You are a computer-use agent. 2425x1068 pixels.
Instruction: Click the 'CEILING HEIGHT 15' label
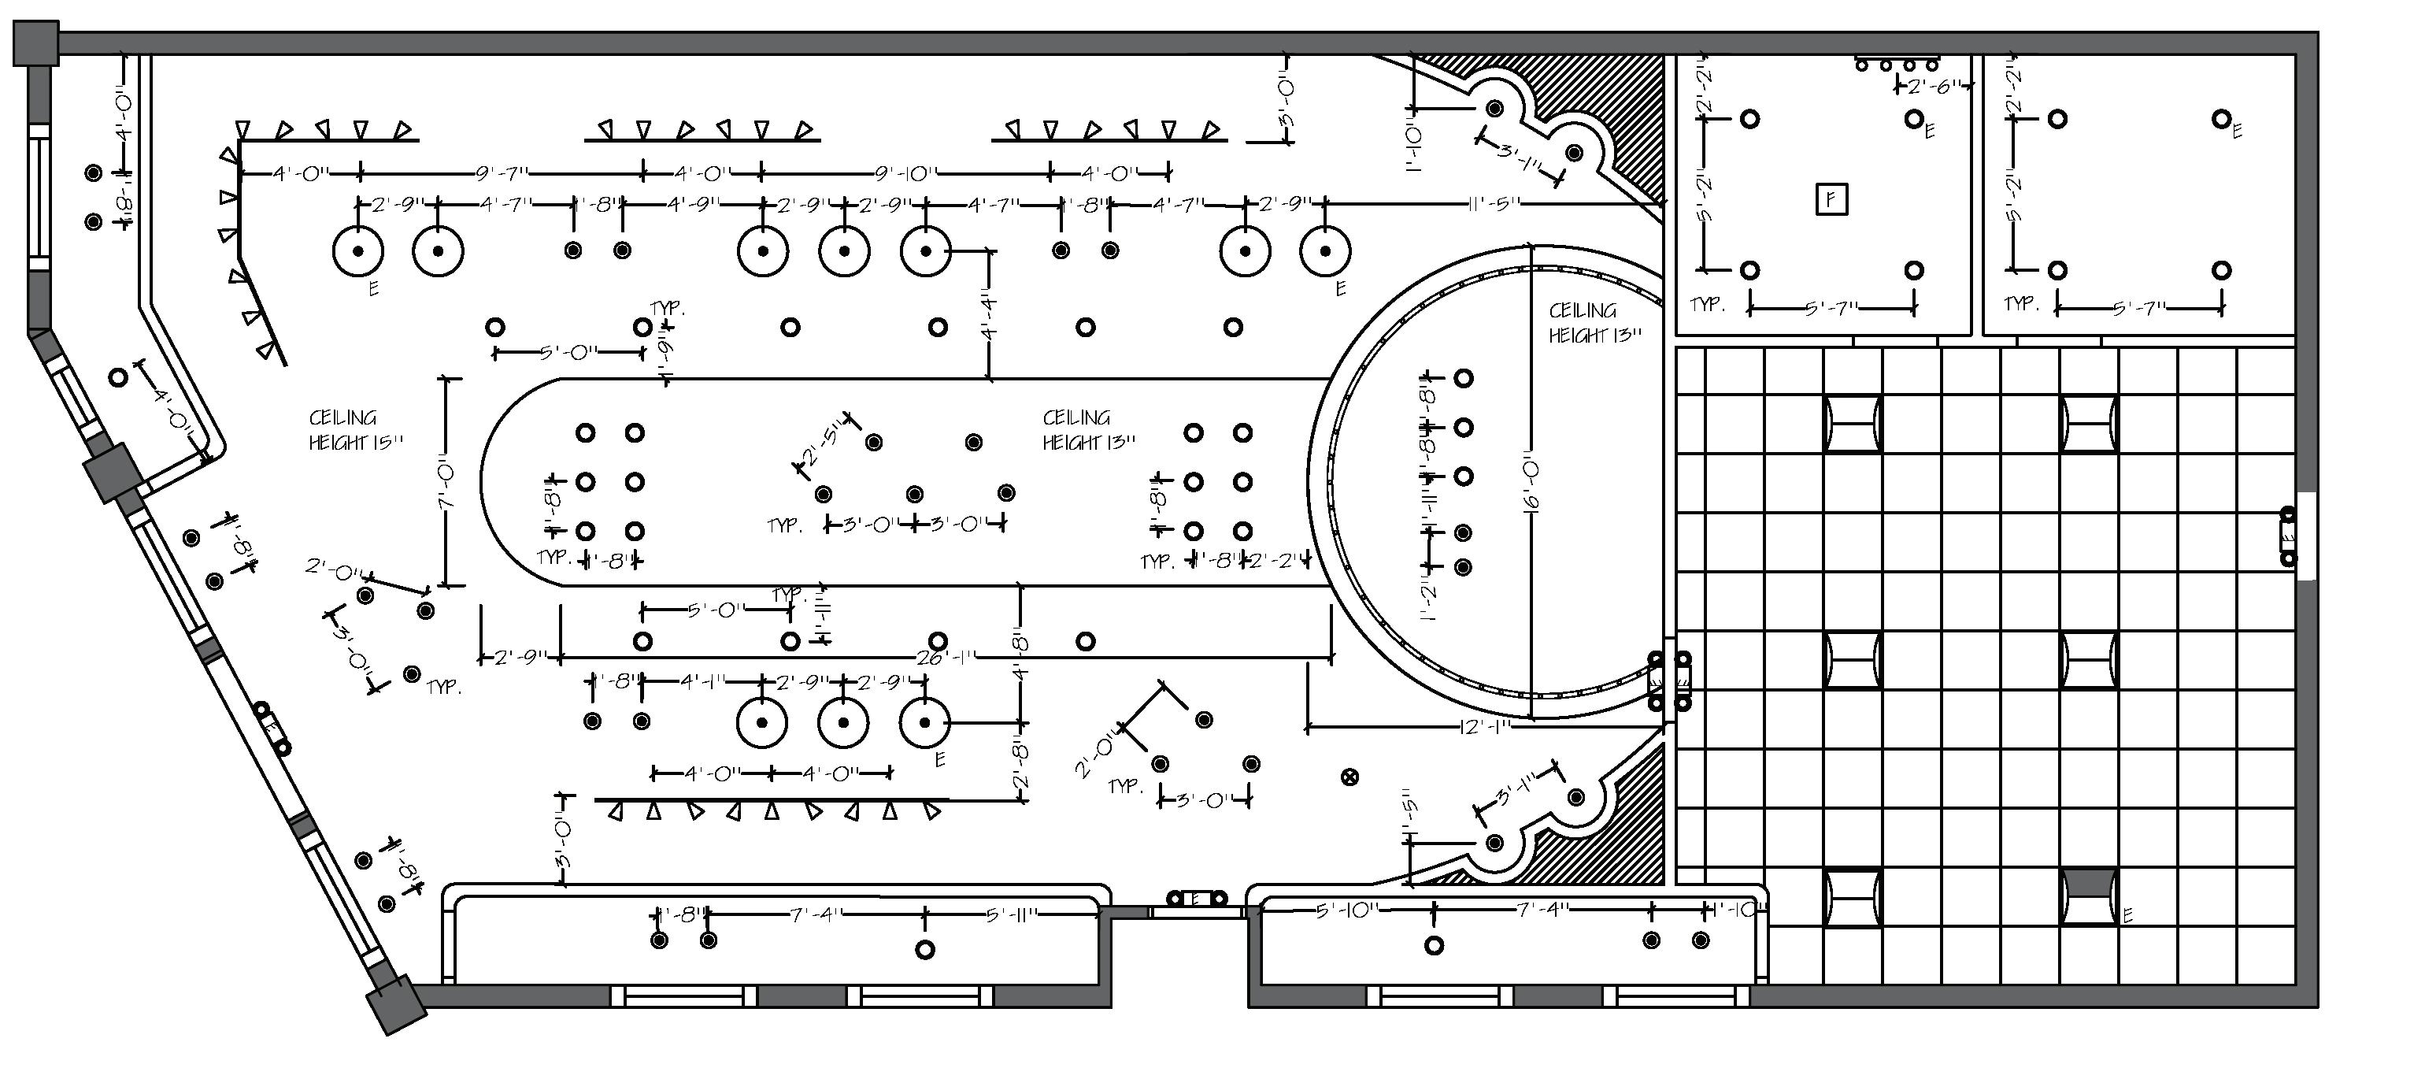(x=355, y=429)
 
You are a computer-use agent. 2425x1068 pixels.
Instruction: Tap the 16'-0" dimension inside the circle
(x=1531, y=486)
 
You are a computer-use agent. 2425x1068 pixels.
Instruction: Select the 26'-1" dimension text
(x=944, y=658)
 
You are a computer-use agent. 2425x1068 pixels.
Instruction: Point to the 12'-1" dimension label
(x=1483, y=727)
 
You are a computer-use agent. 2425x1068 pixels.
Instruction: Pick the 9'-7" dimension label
(x=502, y=173)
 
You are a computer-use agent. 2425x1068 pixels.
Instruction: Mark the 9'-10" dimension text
(x=905, y=173)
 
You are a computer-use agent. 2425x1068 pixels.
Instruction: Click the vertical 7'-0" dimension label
(x=446, y=485)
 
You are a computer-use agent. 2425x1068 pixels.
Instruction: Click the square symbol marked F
(x=1830, y=200)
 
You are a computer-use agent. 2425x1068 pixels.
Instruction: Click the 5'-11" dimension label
(x=1011, y=914)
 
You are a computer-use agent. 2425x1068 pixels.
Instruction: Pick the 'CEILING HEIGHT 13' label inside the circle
(x=1594, y=322)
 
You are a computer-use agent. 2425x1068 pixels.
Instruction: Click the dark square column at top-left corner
(x=35, y=44)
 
